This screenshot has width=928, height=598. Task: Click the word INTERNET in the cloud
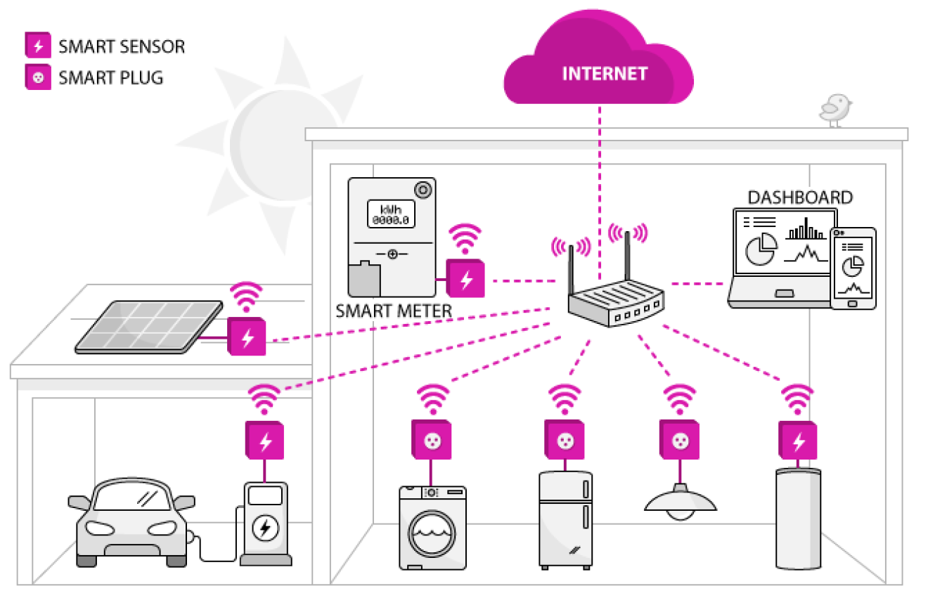(x=605, y=74)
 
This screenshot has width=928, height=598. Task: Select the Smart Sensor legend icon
(x=38, y=45)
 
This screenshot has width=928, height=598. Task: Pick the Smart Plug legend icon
(x=38, y=77)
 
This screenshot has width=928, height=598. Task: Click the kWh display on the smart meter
(x=391, y=214)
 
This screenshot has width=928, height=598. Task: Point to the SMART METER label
(x=394, y=311)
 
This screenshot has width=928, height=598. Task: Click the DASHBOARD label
(x=800, y=197)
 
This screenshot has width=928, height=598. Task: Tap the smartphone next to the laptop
(x=853, y=268)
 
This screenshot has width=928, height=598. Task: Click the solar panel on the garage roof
(x=149, y=327)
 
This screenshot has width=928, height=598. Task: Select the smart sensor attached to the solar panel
(x=247, y=337)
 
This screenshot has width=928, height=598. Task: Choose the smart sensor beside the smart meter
(x=465, y=278)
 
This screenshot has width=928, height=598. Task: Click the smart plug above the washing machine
(x=431, y=440)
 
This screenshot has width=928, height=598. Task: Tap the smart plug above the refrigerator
(x=565, y=440)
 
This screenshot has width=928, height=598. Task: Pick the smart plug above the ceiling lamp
(x=679, y=440)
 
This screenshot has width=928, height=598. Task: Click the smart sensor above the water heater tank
(x=798, y=440)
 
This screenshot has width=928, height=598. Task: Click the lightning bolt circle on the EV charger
(x=265, y=528)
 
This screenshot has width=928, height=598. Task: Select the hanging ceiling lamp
(x=681, y=502)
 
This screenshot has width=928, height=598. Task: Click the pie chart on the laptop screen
(x=761, y=249)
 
